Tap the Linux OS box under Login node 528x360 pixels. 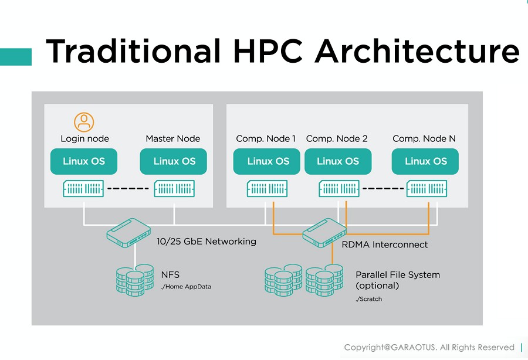tap(84, 161)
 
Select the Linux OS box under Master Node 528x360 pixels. tap(174, 161)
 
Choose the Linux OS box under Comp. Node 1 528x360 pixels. tap(268, 161)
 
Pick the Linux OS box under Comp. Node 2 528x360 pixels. tap(337, 161)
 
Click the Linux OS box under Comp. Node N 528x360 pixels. tap(425, 161)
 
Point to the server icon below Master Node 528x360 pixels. tap(174, 189)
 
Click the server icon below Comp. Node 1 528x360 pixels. tap(268, 189)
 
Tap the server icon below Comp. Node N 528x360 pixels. tap(427, 189)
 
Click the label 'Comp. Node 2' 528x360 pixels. tap(337, 139)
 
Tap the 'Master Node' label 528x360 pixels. tap(173, 139)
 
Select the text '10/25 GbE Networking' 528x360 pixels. tap(206, 241)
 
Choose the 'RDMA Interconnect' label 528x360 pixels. tap(384, 244)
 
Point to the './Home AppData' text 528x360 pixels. tap(186, 287)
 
